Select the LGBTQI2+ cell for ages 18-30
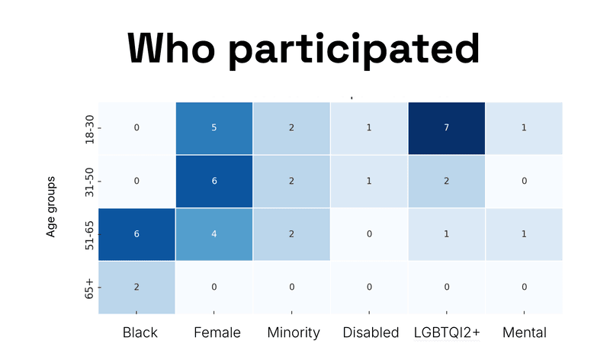[x=446, y=127]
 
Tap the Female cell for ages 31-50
[x=214, y=181]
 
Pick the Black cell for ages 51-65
[x=136, y=233]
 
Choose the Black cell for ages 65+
[x=136, y=287]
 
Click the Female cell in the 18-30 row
[x=214, y=127]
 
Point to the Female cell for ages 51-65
[x=214, y=233]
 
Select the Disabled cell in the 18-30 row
[x=369, y=127]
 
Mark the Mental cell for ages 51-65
[x=524, y=233]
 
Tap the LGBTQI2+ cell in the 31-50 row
[x=446, y=181]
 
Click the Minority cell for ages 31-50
[x=291, y=181]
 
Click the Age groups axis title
[x=51, y=207]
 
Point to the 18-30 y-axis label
[x=89, y=127]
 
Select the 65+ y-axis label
[x=89, y=287]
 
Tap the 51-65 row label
[x=89, y=233]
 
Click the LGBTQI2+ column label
[x=446, y=333]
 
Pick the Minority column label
[x=293, y=333]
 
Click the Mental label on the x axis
[x=524, y=333]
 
